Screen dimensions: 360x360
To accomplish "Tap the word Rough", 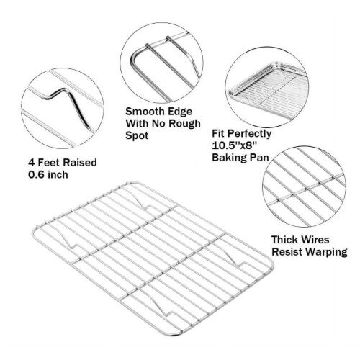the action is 184,124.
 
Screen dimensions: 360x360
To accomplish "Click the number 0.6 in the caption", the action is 36,174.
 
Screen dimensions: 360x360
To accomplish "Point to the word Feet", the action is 49,163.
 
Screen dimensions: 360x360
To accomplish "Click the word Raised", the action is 80,163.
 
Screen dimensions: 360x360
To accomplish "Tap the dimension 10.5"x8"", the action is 235,145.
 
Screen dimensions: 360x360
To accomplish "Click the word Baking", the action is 230,158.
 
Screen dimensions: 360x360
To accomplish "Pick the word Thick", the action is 284,240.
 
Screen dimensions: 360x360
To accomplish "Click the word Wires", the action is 315,240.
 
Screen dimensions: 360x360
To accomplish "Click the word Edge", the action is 180,112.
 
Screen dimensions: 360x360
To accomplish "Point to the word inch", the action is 58,174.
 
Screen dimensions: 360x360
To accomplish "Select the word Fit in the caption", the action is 218,133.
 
